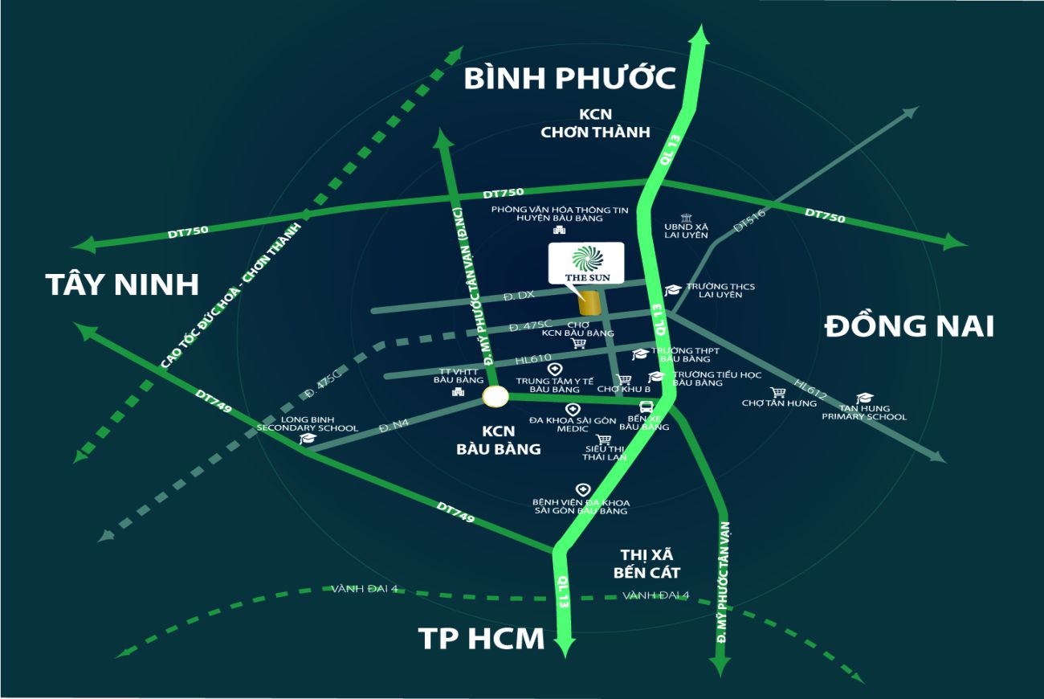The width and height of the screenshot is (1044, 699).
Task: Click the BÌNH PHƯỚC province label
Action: pos(570,79)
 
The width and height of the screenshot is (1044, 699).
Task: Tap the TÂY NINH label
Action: pos(122,284)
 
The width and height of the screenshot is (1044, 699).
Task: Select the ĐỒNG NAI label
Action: pos(909,326)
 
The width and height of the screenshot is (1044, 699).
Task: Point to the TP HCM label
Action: pos(481,639)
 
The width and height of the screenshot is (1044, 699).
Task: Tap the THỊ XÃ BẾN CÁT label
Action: pos(646,564)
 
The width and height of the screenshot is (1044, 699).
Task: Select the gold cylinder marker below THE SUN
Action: pos(590,304)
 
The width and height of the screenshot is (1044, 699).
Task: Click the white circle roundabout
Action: pos(495,396)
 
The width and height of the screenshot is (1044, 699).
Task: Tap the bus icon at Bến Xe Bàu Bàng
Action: pos(646,407)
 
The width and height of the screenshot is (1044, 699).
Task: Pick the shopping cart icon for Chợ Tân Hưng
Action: pos(777,392)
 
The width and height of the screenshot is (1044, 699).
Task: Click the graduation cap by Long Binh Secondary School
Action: pos(307,439)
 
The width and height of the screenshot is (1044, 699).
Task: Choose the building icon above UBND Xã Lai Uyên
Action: pos(685,218)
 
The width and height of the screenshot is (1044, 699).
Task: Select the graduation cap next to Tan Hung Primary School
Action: pos(864,397)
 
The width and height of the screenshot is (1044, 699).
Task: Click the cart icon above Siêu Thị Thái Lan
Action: pos(603,439)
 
